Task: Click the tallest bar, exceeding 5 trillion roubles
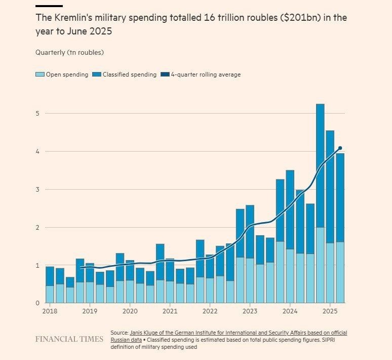point(320,203)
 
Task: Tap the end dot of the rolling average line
point(340,148)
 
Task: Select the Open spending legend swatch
point(40,75)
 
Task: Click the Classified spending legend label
point(130,75)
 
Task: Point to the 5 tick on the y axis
point(37,114)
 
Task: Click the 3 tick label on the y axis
point(37,190)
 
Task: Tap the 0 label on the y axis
point(37,303)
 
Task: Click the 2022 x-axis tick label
point(210,311)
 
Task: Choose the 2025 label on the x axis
point(330,311)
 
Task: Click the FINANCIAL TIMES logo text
point(69,339)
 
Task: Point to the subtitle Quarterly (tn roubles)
point(69,52)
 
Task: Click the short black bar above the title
point(49,6)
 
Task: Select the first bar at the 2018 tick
point(50,284)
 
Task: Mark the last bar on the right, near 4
point(340,228)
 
